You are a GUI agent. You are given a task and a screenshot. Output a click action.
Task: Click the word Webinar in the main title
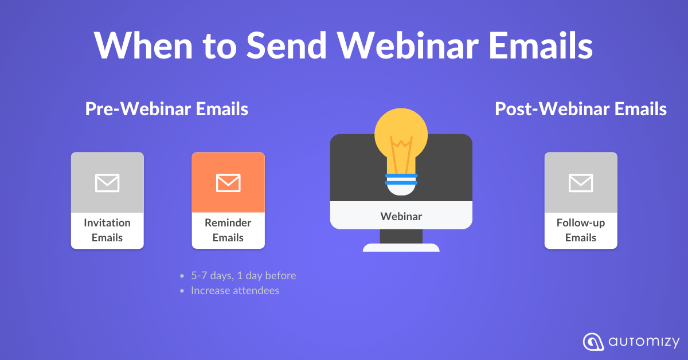pyautogui.click(x=408, y=45)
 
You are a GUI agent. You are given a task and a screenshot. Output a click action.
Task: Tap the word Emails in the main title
pyautogui.click(x=541, y=45)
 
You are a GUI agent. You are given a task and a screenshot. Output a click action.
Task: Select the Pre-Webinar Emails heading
pyautogui.click(x=167, y=109)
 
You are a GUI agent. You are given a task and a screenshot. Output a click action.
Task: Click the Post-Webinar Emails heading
pyautogui.click(x=580, y=109)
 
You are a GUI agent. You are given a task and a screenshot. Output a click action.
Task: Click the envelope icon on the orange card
pyautogui.click(x=228, y=183)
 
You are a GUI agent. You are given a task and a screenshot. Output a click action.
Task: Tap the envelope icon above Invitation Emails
pyautogui.click(x=107, y=183)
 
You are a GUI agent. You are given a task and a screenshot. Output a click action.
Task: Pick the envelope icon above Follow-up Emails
pyautogui.click(x=581, y=183)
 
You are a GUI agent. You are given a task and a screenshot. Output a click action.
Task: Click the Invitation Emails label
pyautogui.click(x=107, y=230)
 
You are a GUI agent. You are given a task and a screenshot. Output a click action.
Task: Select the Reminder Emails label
pyautogui.click(x=228, y=230)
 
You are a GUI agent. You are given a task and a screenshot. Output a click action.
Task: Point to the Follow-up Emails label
pyautogui.click(x=581, y=230)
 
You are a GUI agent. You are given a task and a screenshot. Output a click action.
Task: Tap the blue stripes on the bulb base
pyautogui.click(x=401, y=179)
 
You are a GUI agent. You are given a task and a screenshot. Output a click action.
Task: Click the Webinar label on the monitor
pyautogui.click(x=401, y=216)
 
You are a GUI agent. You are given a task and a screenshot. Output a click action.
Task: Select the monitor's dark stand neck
pyautogui.click(x=401, y=236)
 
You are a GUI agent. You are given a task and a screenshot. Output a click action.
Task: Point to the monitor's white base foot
pyautogui.click(x=401, y=248)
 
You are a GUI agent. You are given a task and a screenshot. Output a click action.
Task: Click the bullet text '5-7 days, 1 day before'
pyautogui.click(x=244, y=276)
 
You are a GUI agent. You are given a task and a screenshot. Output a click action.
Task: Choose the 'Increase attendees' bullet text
pyautogui.click(x=235, y=291)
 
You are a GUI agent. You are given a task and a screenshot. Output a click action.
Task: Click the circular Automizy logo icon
pyautogui.click(x=593, y=342)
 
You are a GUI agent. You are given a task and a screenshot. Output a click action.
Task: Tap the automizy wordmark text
pyautogui.click(x=644, y=342)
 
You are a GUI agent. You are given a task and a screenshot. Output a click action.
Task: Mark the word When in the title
pyautogui.click(x=143, y=45)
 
